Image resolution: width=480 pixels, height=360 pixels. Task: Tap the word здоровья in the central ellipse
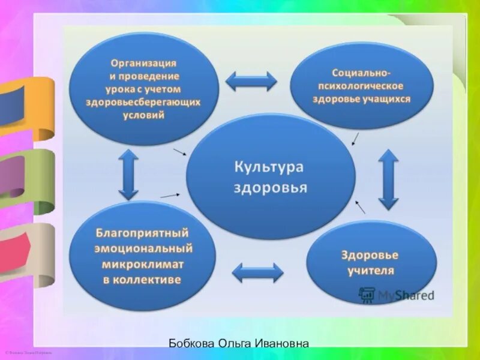pyautogui.click(x=270, y=187)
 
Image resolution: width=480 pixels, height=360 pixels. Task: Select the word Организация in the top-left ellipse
pyautogui.click(x=143, y=63)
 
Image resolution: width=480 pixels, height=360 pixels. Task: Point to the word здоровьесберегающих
pyautogui.click(x=143, y=102)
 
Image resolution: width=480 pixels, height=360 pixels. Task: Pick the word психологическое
pyautogui.click(x=361, y=86)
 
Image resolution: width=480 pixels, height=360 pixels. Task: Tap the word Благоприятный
pyautogui.click(x=143, y=232)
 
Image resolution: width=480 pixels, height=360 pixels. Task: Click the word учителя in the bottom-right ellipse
pyautogui.click(x=371, y=271)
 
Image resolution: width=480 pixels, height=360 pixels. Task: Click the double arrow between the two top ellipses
pyautogui.click(x=251, y=81)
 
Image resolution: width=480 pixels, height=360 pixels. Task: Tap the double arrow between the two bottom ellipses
pyautogui.click(x=257, y=273)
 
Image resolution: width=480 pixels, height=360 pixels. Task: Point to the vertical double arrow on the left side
pyautogui.click(x=128, y=174)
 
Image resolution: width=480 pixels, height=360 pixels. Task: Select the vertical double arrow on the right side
pyautogui.click(x=388, y=179)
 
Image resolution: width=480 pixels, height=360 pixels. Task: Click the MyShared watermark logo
pyautogui.click(x=396, y=295)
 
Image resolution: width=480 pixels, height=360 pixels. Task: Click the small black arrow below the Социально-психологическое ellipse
pyautogui.click(x=355, y=139)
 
